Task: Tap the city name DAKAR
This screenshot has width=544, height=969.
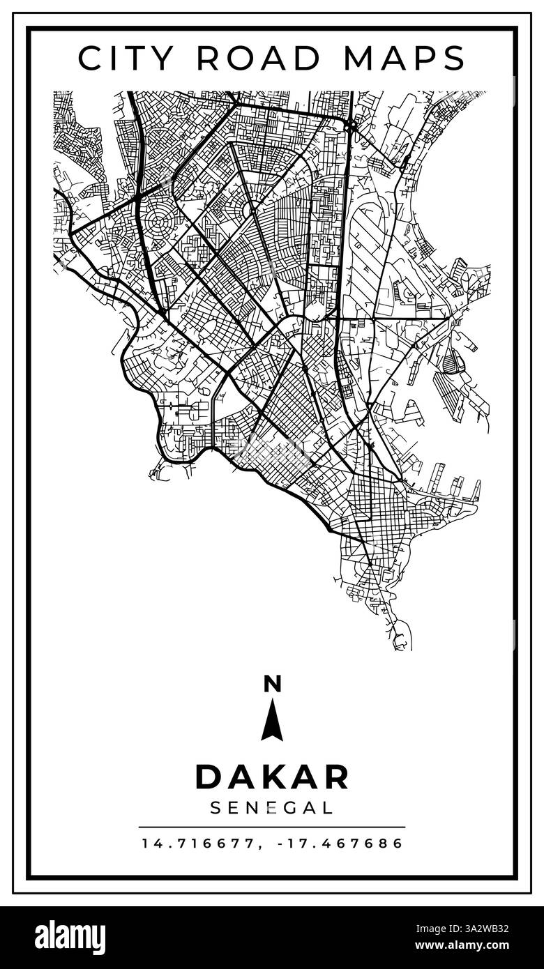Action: tap(272, 777)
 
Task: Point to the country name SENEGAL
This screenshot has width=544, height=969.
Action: tap(272, 808)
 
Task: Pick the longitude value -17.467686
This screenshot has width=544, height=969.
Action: tap(340, 844)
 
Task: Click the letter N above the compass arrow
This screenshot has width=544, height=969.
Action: tap(272, 685)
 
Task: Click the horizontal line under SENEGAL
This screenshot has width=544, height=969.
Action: tap(272, 827)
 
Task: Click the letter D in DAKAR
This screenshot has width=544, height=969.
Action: tap(207, 777)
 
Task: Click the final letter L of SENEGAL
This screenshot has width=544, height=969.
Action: tap(327, 808)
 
